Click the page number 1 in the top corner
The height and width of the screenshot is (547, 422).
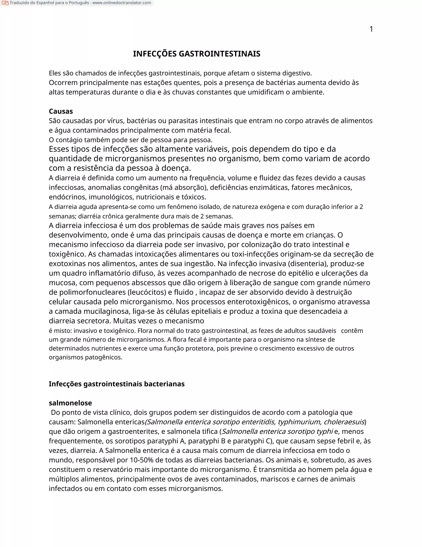371,29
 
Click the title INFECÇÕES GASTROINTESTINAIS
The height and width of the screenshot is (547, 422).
197,54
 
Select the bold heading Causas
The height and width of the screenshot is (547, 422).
61,111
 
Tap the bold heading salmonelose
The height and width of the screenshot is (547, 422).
70,403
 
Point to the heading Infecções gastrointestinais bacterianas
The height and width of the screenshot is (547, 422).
116,384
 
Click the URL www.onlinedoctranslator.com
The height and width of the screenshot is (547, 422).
122,3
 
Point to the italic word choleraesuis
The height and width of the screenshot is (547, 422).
344,422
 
